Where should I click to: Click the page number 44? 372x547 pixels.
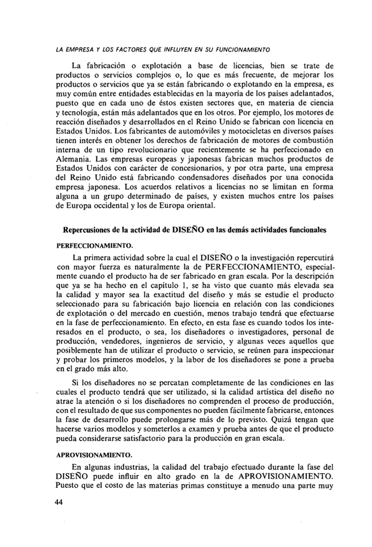point(60,502)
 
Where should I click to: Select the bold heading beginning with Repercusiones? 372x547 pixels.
point(195,230)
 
